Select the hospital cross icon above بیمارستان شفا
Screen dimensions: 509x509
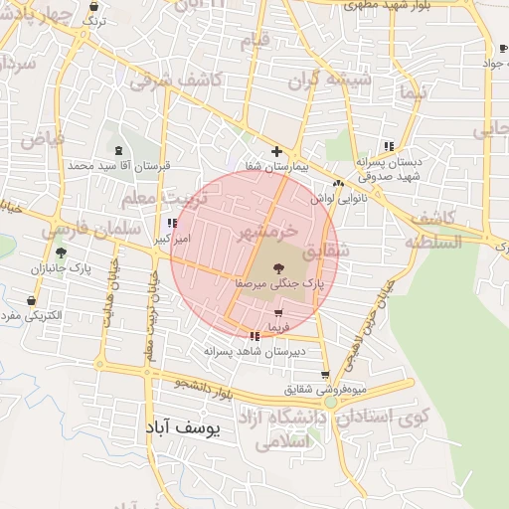pyautogui.click(x=276, y=152)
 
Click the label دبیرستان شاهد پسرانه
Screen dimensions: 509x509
pyautogui.click(x=254, y=351)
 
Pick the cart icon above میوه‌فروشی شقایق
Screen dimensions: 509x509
pyautogui.click(x=325, y=375)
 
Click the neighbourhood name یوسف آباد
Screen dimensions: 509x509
pyautogui.click(x=186, y=427)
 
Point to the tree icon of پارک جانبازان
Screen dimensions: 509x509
pyautogui.click(x=61, y=254)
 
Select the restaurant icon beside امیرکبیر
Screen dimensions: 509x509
pyautogui.click(x=172, y=224)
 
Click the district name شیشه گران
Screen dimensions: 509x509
pyautogui.click(x=337, y=79)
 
